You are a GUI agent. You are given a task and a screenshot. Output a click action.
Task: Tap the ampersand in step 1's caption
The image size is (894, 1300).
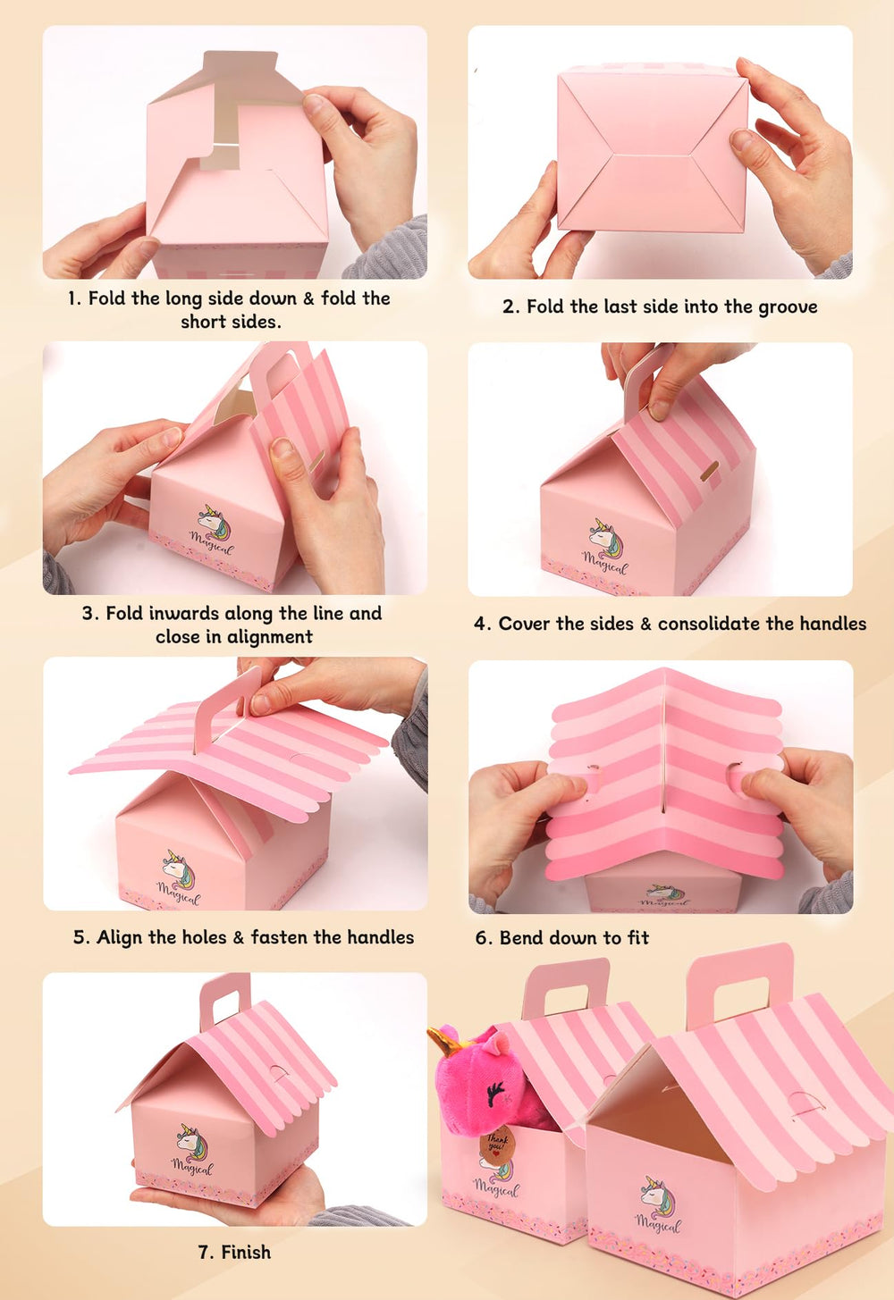(x=308, y=299)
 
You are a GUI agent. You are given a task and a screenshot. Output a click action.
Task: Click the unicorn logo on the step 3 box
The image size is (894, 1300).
(x=213, y=523)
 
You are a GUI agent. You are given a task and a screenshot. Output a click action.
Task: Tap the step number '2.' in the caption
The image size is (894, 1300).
(x=510, y=307)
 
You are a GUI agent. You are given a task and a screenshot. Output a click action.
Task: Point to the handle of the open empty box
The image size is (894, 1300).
(x=741, y=983)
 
